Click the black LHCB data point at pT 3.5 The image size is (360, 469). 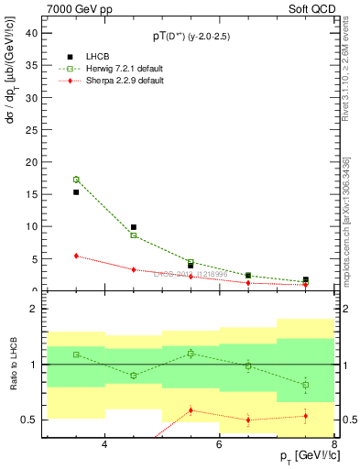click(76, 192)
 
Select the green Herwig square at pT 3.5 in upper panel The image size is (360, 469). click(76, 180)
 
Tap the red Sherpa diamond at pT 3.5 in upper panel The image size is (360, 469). click(76, 256)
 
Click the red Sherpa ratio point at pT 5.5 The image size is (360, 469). click(191, 410)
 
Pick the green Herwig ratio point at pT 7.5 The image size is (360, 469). click(305, 385)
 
